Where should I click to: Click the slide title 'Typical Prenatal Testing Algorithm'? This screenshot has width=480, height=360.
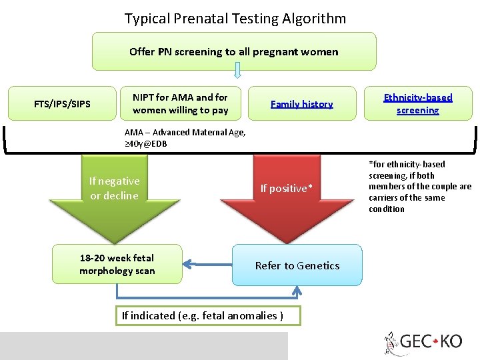(x=235, y=18)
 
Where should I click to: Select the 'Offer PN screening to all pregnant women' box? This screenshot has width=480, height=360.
(x=233, y=51)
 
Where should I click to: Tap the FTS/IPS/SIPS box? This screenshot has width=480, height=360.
(x=62, y=104)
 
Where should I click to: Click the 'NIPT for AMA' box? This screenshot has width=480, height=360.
(x=180, y=104)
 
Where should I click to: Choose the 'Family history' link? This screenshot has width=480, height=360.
(x=301, y=104)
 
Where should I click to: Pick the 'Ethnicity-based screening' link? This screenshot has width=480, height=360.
(x=417, y=104)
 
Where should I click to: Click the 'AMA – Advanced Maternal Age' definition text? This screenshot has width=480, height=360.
(x=185, y=132)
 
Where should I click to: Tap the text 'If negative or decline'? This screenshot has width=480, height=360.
(x=114, y=188)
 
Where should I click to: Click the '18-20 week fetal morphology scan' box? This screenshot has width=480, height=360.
(x=117, y=264)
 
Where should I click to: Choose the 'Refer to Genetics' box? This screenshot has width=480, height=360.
(x=297, y=265)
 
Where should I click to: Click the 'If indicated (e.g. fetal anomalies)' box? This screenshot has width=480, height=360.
(x=202, y=315)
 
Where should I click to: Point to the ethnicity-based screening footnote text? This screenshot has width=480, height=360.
(x=419, y=187)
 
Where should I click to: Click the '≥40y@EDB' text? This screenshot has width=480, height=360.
(x=146, y=143)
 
